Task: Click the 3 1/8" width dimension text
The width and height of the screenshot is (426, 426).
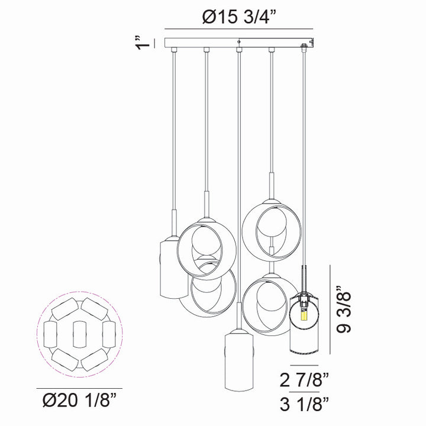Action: (304, 405)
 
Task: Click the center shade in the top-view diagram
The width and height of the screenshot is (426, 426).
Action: (79, 334)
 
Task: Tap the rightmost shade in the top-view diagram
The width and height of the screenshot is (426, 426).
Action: (107, 334)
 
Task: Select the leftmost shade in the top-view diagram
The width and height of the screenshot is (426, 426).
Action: (50, 334)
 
